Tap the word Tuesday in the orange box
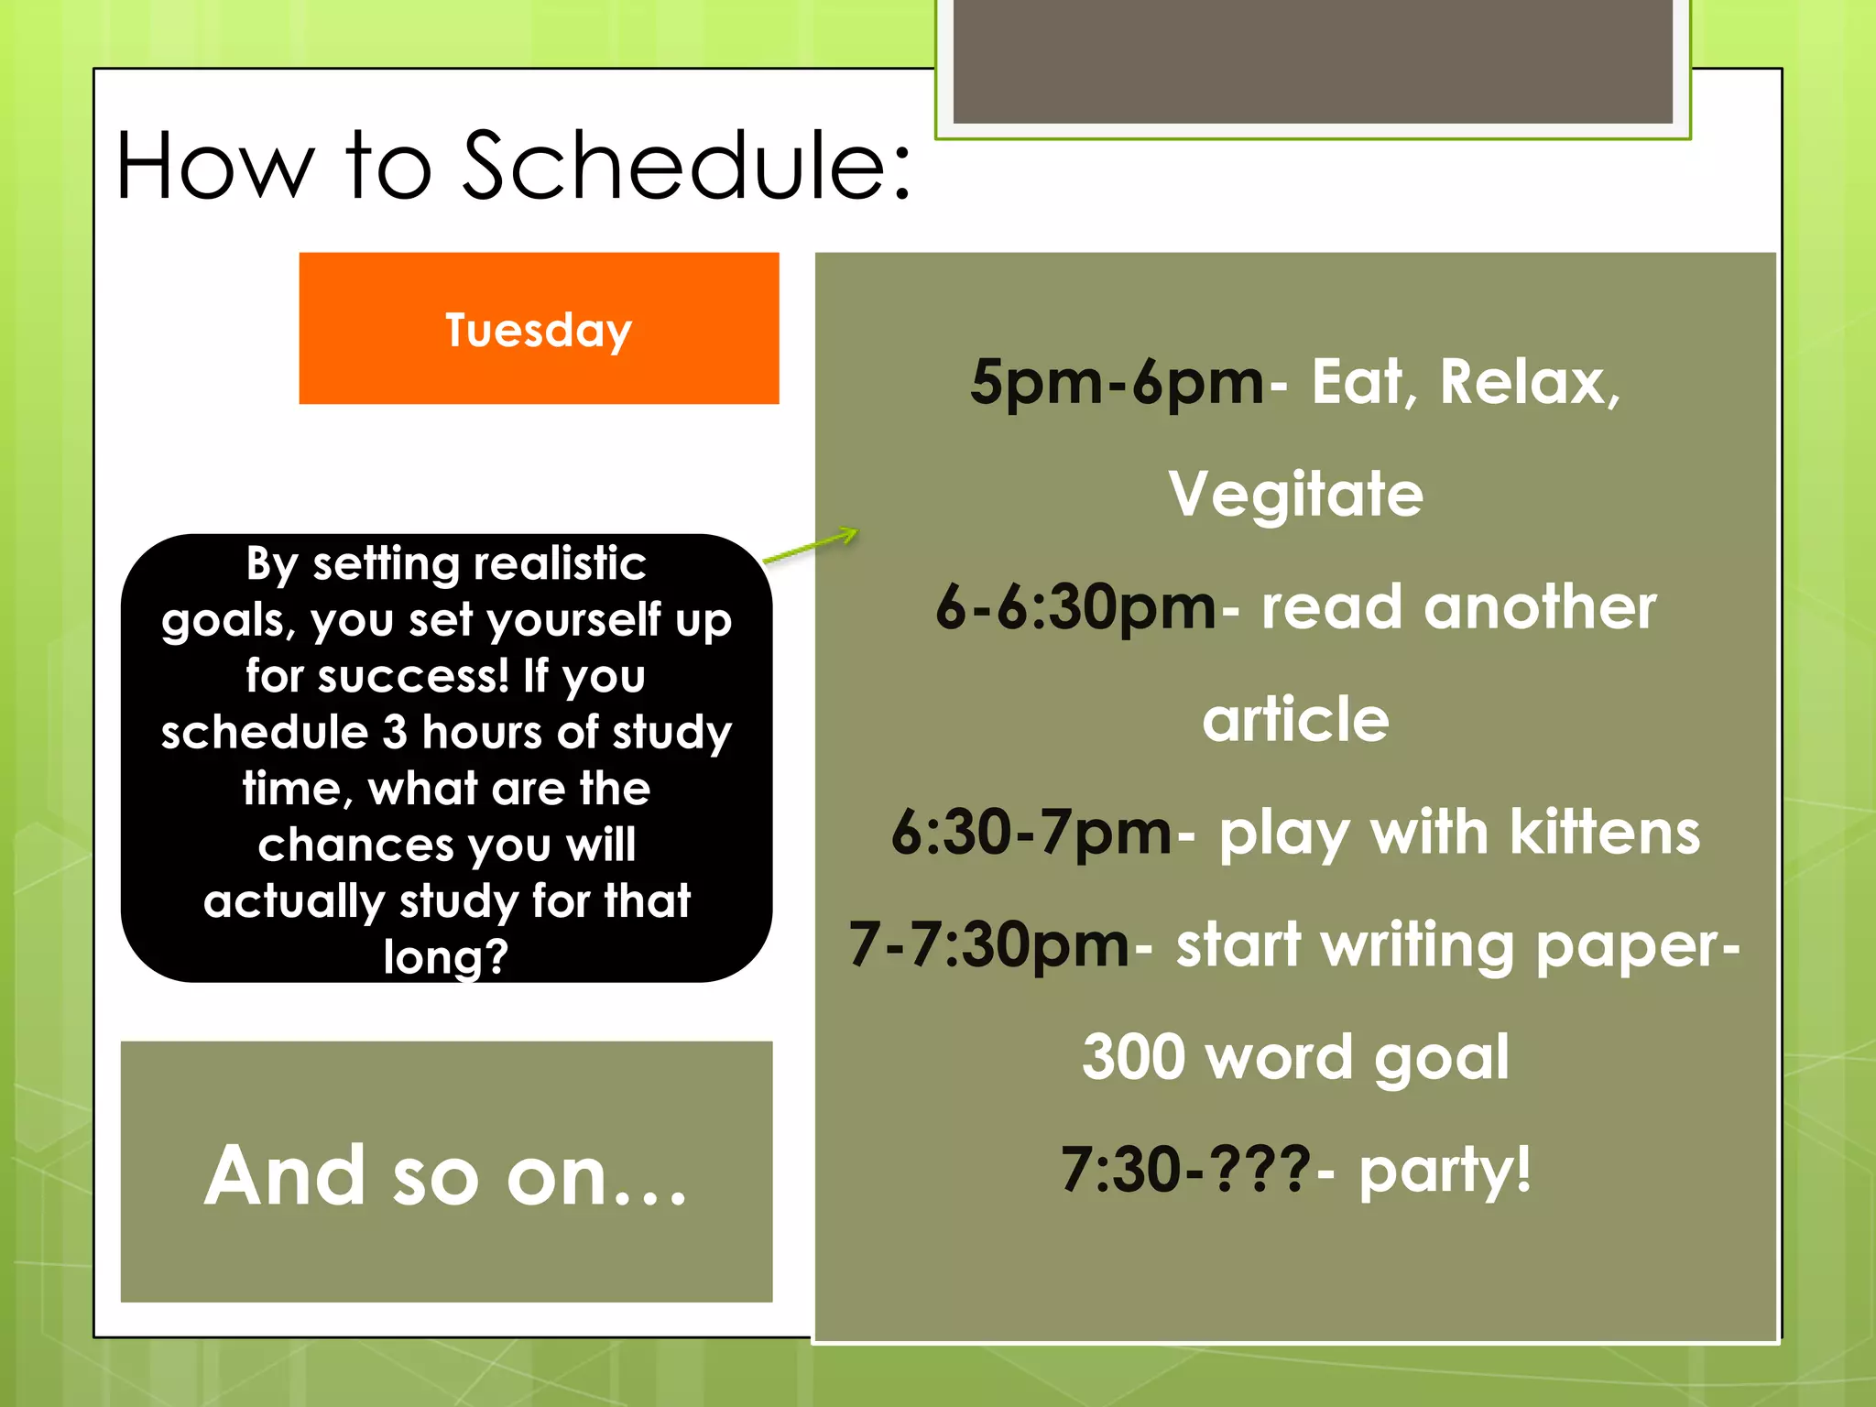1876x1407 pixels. (539, 330)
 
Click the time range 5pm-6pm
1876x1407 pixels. (1118, 382)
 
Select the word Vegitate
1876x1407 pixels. (1295, 495)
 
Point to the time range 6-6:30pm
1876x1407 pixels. (1075, 607)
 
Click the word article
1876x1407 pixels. (1295, 720)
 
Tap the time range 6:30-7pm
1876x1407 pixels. (1031, 833)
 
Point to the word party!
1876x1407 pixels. (1445, 1171)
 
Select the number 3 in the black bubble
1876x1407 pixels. (395, 733)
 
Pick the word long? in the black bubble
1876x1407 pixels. (446, 957)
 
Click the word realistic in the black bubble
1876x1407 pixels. (555, 563)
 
